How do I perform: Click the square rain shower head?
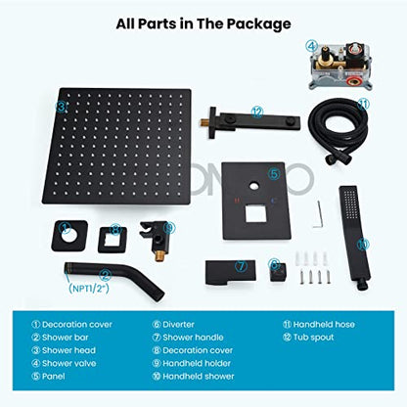[116, 146]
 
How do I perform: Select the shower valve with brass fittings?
[340, 67]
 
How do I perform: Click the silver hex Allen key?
[318, 214]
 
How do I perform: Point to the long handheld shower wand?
[354, 238]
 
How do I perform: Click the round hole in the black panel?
[253, 187]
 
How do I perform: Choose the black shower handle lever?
[230, 273]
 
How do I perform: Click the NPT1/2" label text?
[89, 289]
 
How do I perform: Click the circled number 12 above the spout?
[257, 112]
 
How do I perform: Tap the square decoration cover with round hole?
[69, 236]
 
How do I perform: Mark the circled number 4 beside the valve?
[311, 46]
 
